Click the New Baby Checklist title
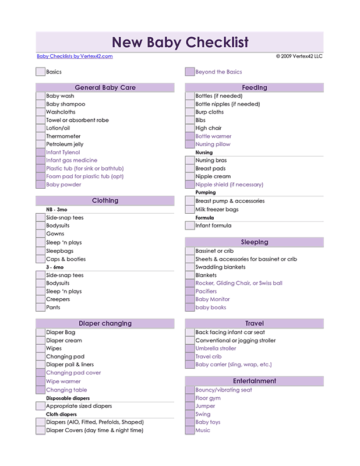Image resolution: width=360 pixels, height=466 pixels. tap(179, 43)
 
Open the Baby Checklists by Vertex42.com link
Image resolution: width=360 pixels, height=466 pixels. tap(75, 57)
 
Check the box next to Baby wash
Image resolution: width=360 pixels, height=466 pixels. tap(40, 96)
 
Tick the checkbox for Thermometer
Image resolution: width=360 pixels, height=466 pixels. tap(40, 136)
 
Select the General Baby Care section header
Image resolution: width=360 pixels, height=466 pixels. tap(105, 88)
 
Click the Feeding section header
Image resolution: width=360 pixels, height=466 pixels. tap(254, 88)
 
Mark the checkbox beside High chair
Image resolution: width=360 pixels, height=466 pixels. tap(190, 128)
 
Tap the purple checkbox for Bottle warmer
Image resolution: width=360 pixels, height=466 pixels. tap(190, 136)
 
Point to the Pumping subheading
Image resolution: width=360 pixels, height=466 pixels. tap(206, 192)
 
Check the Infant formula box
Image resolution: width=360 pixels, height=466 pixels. tap(190, 225)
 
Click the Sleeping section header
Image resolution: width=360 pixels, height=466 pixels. tap(254, 242)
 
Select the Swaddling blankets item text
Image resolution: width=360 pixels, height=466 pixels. tap(220, 267)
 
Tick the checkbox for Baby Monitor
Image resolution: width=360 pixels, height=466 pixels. tap(190, 299)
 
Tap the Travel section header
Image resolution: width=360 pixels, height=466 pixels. tap(254, 323)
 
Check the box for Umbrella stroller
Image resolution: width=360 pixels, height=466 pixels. tap(190, 348)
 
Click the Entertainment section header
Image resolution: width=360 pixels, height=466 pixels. tap(254, 381)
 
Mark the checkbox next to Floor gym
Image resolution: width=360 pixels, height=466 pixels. tap(190, 398)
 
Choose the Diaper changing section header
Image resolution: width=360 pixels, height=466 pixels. tap(105, 323)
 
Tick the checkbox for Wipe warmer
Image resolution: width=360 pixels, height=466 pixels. tap(40, 382)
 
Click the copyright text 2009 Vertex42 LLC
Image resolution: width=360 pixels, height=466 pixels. tap(299, 57)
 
